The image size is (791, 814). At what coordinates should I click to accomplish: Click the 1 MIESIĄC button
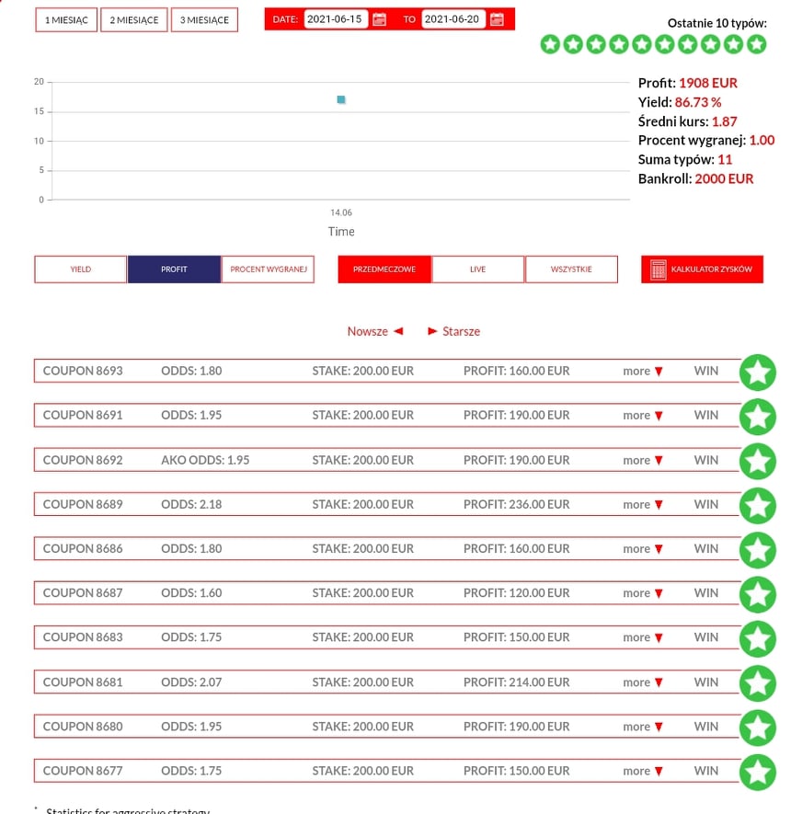coord(66,20)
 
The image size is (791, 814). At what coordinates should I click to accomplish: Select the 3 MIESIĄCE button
coord(205,20)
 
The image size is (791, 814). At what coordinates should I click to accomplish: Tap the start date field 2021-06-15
coord(336,19)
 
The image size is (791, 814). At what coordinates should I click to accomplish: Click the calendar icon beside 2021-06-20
coord(497,19)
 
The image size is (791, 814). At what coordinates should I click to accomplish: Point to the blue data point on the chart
coord(341,99)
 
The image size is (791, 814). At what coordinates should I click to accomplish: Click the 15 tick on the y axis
coord(39,111)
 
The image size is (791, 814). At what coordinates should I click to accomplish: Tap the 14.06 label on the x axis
coord(340,212)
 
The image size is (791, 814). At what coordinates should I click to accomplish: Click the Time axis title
coord(341,232)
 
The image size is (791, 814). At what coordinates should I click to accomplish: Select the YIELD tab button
coord(81,269)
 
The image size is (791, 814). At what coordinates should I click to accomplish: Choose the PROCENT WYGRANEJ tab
coord(268,269)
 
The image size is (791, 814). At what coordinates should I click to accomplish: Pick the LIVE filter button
coord(477,269)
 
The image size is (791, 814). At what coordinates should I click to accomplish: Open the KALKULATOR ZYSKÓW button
coord(702,269)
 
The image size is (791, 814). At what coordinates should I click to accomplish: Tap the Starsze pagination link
coord(454,331)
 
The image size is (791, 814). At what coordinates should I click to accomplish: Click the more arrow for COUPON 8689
coord(643,504)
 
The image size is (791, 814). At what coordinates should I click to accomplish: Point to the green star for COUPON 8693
coord(758,372)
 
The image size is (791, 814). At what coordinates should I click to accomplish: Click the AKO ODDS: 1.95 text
coord(205,460)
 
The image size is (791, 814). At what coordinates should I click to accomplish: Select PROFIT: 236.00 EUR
coord(516,504)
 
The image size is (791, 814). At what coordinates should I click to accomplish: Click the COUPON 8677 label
coord(83,771)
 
